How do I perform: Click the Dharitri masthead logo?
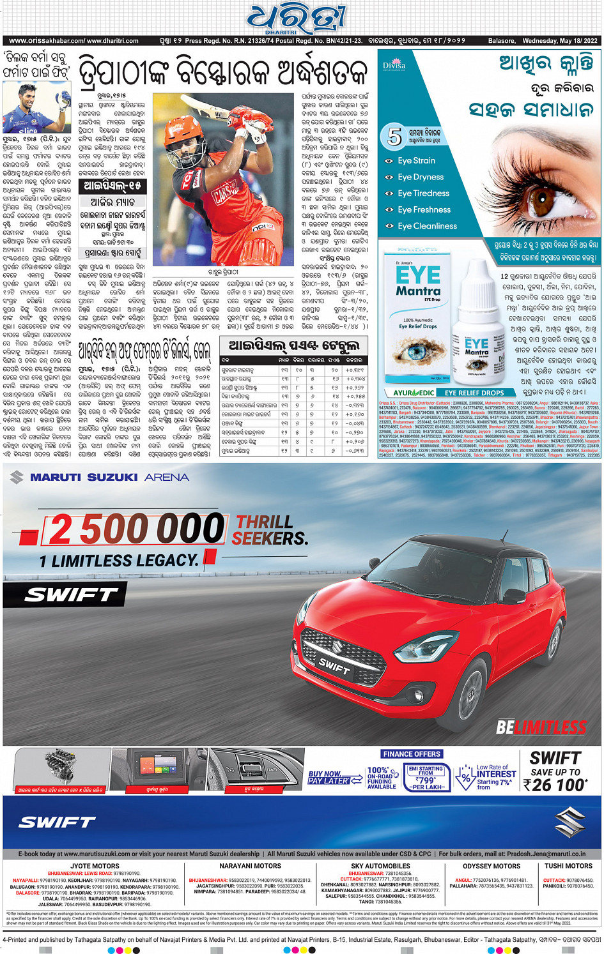[x=298, y=19]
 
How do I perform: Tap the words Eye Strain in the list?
[x=416, y=161]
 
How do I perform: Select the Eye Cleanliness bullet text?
[x=427, y=226]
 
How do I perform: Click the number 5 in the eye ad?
[x=394, y=136]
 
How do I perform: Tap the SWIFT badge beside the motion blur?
[x=71, y=595]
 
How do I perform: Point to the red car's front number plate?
[x=334, y=666]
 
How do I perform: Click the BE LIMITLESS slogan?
[x=541, y=727]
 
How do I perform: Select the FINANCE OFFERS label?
[x=412, y=754]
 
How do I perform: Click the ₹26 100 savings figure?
[x=554, y=785]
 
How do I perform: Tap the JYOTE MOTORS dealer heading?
[x=95, y=867]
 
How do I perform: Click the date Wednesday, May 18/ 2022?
[x=559, y=41]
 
